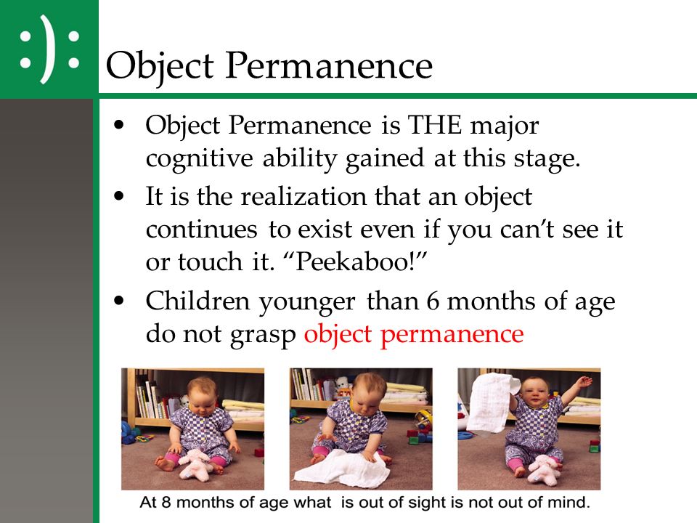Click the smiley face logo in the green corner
49,49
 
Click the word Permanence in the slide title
329,65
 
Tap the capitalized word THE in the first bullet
434,125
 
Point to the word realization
303,196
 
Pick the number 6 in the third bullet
433,301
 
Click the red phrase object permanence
414,335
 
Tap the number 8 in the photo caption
166,502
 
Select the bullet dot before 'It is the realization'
118,196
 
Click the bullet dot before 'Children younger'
118,301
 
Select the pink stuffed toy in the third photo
542,469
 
